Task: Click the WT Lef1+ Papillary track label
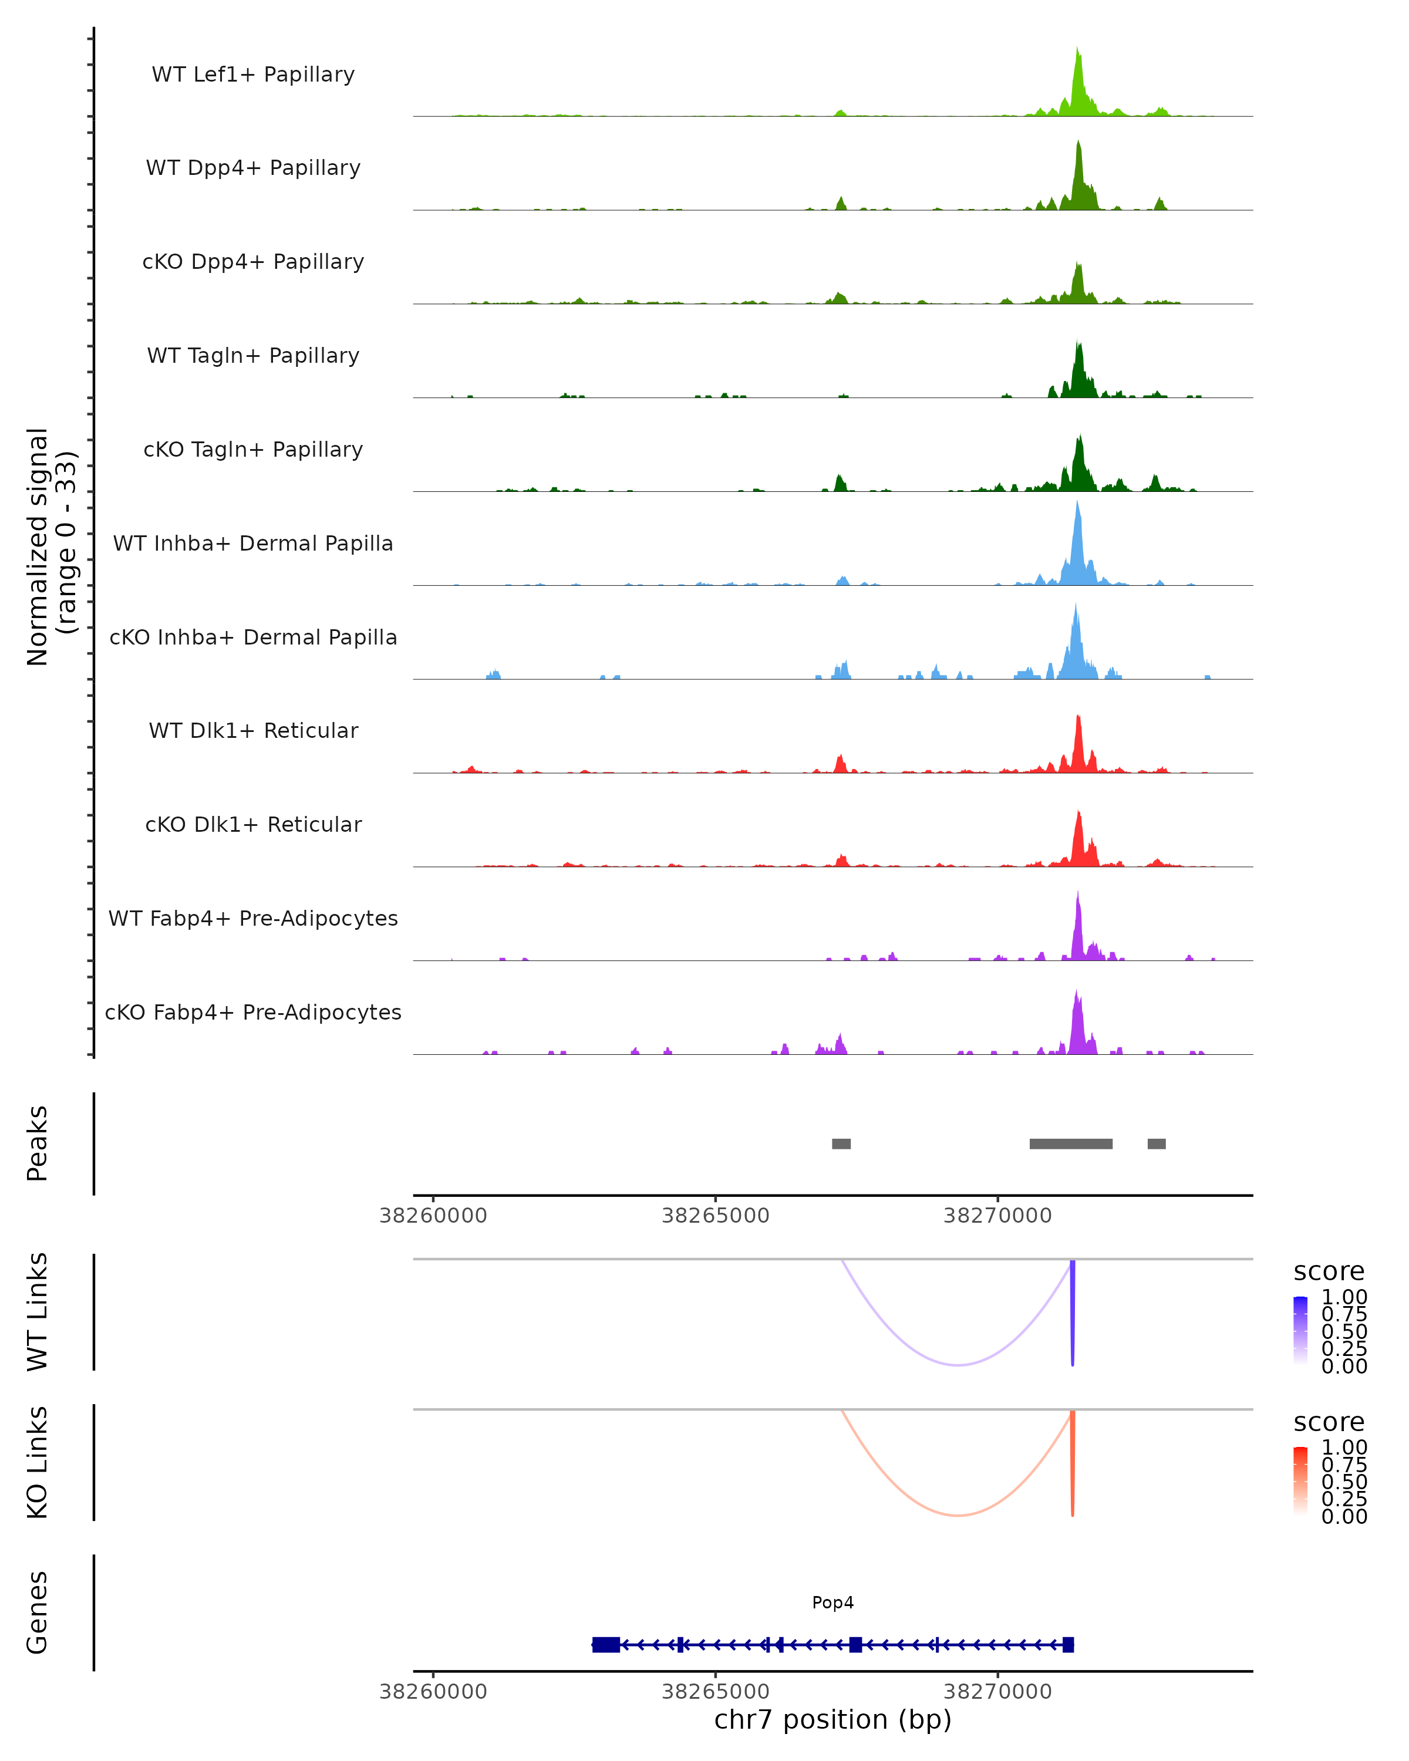coord(253,75)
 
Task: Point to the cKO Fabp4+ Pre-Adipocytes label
coord(253,1012)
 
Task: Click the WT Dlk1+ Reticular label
coord(253,730)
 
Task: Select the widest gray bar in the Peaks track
coord(1071,1143)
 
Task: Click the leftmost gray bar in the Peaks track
coord(841,1143)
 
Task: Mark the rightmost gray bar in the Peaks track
coord(1157,1143)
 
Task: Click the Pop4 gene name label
coord(832,1603)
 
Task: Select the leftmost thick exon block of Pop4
coord(606,1645)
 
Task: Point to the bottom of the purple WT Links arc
coord(958,1364)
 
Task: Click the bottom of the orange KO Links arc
coord(958,1515)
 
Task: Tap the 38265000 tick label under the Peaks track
coord(716,1216)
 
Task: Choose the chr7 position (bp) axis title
coord(832,1719)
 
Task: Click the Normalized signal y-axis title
coord(50,547)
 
